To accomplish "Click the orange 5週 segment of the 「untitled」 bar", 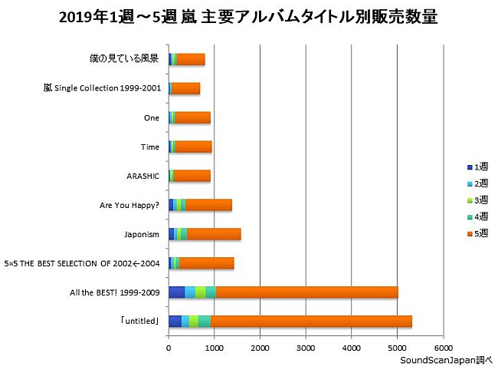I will pos(311,322).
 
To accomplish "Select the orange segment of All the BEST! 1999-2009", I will pos(306,292).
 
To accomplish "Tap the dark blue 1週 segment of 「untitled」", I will pos(175,322).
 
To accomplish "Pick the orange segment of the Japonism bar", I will pos(214,234).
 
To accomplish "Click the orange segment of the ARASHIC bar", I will pos(192,176).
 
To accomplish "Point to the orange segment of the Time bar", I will pos(193,147).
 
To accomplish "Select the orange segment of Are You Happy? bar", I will pos(208,205).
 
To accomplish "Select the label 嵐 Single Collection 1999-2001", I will pos(103,88).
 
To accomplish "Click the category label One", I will pos(152,117).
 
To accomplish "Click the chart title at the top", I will pos(249,17).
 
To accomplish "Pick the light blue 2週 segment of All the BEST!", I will pos(190,292).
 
